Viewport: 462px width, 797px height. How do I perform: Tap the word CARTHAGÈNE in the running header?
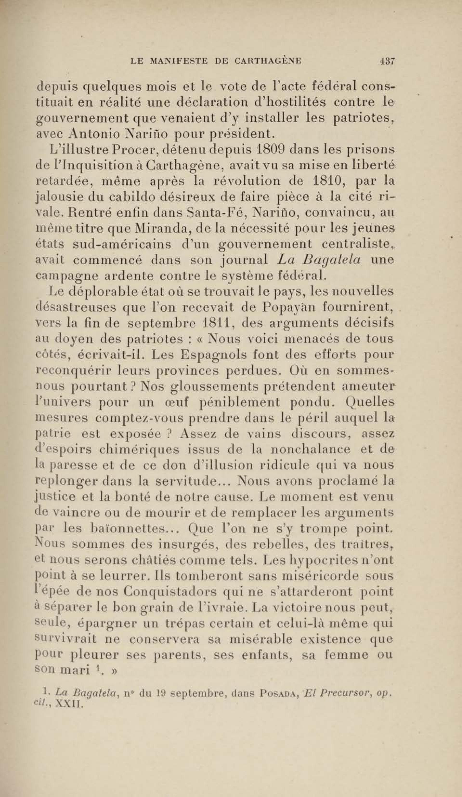click(268, 61)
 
